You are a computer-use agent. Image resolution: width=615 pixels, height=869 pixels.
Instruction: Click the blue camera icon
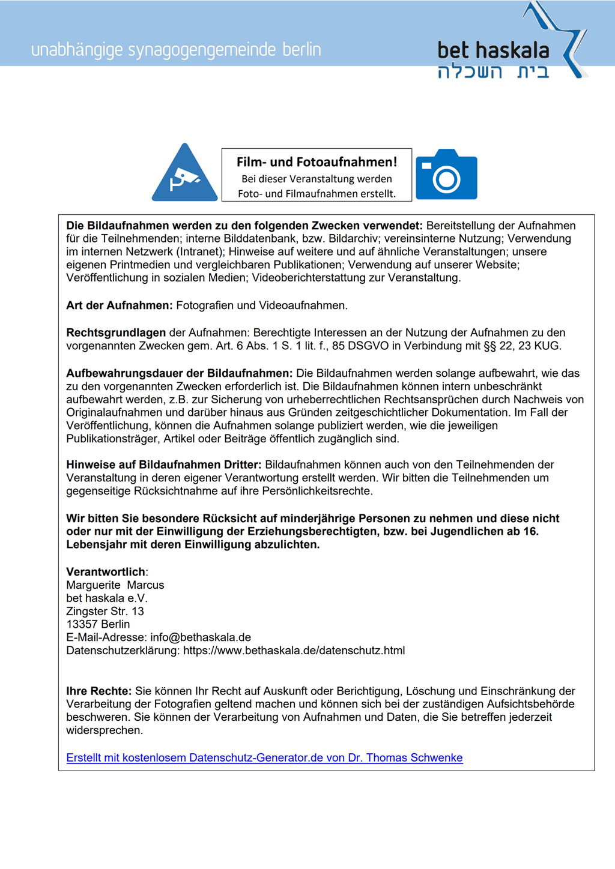446,175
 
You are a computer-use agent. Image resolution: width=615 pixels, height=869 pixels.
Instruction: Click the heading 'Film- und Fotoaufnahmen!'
317,162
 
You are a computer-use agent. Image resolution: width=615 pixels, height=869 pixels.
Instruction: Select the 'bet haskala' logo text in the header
493,50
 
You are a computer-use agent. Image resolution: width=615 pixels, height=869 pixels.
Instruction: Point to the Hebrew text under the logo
493,73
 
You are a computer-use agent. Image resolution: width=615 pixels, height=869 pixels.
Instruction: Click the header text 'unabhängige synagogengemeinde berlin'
176,50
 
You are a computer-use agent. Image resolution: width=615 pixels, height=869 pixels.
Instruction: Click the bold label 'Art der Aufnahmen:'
120,305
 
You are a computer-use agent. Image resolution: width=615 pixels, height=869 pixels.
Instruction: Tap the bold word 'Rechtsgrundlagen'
116,332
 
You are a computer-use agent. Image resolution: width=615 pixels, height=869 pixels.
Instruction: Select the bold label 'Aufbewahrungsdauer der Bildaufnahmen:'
179,373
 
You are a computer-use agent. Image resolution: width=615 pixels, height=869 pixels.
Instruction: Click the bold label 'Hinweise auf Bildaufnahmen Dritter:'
164,465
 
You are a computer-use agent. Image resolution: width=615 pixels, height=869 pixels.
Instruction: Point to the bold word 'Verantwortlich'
106,572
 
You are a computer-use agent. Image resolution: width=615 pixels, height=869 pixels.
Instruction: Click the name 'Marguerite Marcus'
115,585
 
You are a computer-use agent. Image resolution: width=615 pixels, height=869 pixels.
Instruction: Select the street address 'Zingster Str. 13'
105,612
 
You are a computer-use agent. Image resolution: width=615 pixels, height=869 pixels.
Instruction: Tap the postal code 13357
82,624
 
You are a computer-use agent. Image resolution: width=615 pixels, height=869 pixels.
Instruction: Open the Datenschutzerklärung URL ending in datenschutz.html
294,651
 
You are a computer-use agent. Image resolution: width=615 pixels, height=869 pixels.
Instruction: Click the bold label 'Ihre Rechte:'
98,691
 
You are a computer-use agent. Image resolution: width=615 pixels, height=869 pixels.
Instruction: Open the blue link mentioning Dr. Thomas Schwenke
264,758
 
